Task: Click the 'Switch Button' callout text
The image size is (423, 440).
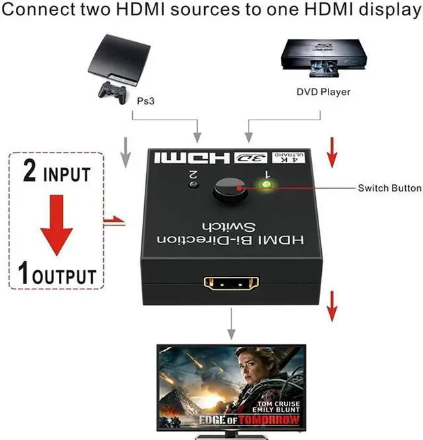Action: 389,188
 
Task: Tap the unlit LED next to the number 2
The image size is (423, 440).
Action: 192,184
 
